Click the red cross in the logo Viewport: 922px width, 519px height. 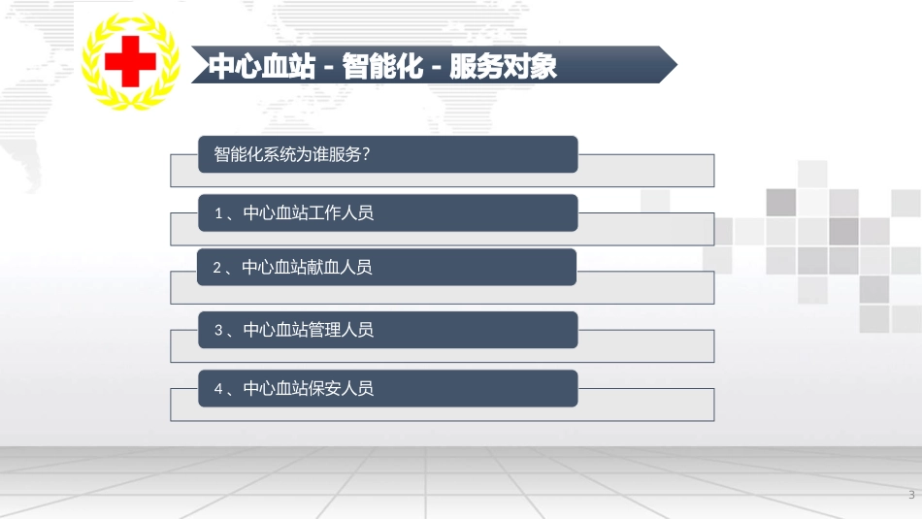131,63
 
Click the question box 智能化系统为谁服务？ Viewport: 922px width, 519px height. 387,154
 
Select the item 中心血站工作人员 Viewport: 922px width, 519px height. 308,213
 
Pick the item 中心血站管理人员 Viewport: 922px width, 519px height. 308,331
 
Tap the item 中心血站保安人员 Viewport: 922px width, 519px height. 308,389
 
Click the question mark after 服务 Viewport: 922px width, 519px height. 372,154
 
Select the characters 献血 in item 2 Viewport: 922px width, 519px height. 323,268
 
